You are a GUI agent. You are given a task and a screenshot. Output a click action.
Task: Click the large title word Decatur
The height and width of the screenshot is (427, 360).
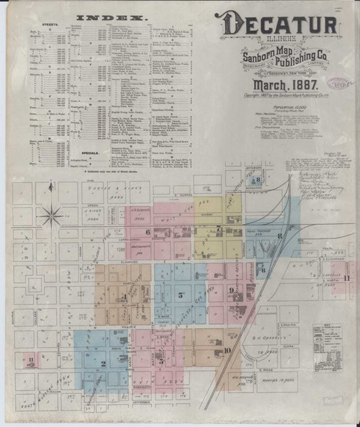(279, 24)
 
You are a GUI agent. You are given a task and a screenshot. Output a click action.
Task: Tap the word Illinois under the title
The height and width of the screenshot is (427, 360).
(248, 41)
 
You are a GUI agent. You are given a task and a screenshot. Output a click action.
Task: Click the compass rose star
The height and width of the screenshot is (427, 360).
(51, 213)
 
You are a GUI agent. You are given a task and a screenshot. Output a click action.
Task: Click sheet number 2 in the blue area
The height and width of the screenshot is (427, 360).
(103, 364)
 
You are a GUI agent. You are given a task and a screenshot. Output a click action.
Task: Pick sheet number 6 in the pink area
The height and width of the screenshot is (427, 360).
(148, 232)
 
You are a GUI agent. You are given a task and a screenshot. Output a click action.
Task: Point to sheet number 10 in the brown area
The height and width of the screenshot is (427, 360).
(227, 351)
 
